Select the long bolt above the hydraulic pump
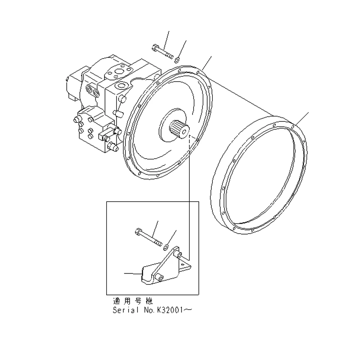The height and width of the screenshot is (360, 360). tap(163, 52)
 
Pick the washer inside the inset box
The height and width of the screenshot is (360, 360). tap(166, 247)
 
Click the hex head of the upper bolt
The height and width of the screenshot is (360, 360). tap(154, 47)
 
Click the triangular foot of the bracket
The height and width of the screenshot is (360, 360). tap(185, 266)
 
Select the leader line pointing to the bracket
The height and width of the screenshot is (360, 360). tap(133, 274)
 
